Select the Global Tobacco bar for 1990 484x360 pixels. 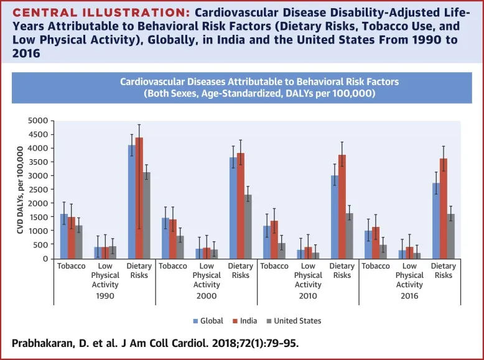(x=63, y=236)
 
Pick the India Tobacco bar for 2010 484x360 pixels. (x=274, y=239)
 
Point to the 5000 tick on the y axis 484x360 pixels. (x=40, y=121)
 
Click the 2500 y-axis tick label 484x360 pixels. (x=40, y=189)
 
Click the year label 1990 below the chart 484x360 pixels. (x=104, y=296)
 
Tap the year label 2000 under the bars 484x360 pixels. (x=207, y=296)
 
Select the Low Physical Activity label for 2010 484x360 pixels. (x=308, y=275)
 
